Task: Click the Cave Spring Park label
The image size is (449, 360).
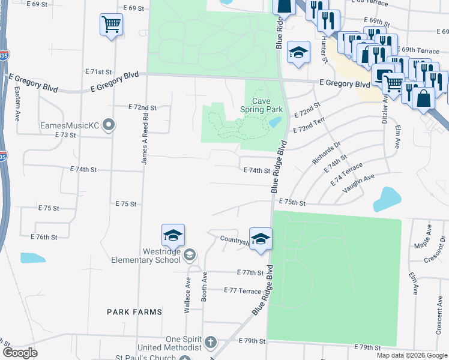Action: coord(261,106)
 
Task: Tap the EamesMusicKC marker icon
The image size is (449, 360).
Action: coord(109,125)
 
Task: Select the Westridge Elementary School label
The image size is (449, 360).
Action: coord(146,256)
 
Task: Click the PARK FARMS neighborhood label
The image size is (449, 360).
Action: coord(134,312)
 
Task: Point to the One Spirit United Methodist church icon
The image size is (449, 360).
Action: coord(210,343)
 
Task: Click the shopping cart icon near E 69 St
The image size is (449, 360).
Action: coord(111,25)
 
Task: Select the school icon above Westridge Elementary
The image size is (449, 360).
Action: coord(173,235)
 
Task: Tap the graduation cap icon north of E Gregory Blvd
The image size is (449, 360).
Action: coord(298,53)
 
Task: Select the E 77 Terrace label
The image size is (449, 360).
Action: coord(242,290)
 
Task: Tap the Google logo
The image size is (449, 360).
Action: coord(19,353)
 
